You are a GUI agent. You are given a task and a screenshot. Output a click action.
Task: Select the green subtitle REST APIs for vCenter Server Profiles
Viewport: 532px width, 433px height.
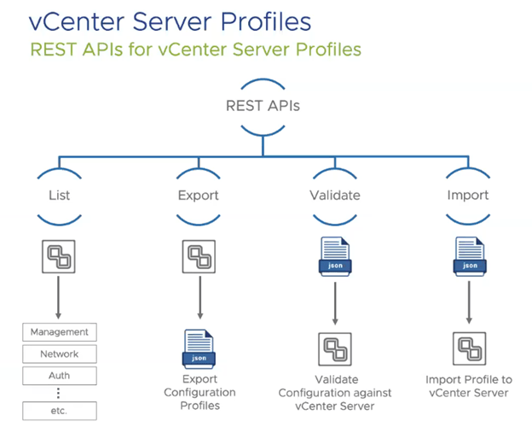point(195,49)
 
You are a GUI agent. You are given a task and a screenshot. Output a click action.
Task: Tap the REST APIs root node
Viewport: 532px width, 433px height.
point(263,107)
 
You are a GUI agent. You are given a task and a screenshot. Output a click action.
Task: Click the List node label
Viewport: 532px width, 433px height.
point(59,195)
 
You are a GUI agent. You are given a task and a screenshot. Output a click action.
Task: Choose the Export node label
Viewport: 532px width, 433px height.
point(199,195)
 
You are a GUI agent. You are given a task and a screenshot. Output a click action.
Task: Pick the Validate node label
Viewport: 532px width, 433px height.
point(334,195)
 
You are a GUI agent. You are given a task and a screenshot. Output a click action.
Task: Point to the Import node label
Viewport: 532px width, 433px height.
point(467,195)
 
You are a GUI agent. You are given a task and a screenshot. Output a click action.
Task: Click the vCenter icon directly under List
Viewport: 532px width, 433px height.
point(59,256)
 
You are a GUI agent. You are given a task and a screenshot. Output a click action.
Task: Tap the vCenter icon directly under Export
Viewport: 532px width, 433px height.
point(199,256)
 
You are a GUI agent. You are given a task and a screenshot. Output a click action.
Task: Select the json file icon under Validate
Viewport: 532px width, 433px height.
point(334,256)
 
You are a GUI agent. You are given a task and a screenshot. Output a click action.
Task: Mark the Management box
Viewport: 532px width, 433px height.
point(59,331)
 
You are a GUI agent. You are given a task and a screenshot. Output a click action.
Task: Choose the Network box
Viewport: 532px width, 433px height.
point(59,354)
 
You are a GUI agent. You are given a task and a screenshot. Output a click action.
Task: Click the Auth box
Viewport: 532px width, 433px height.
point(59,375)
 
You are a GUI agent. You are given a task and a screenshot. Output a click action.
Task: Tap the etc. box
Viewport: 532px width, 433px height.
point(59,410)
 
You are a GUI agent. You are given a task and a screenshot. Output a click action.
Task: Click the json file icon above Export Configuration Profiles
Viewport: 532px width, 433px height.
point(199,348)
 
